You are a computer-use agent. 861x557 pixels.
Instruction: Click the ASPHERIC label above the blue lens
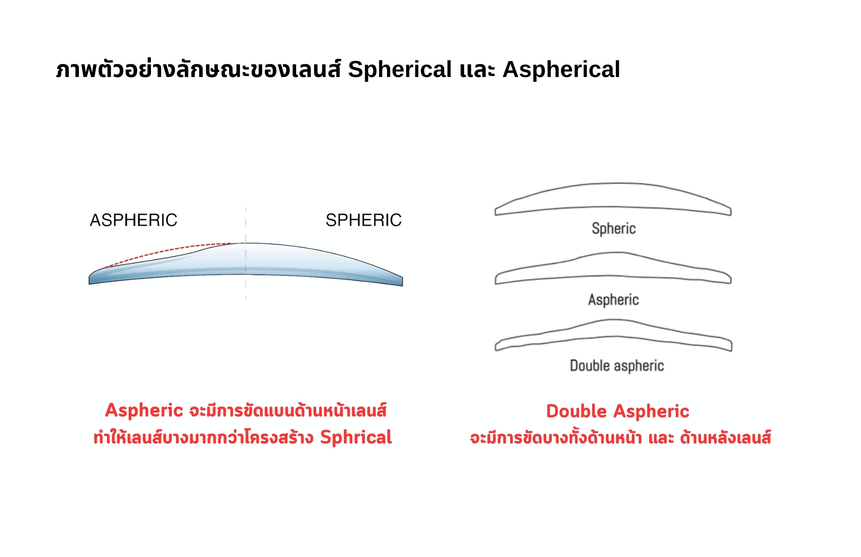click(133, 220)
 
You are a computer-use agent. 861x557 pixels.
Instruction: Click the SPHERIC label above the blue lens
click(364, 220)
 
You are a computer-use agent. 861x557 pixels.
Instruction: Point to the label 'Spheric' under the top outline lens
click(614, 228)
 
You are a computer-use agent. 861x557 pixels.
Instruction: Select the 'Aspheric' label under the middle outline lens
click(614, 300)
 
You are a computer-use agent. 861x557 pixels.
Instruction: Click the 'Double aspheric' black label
click(617, 366)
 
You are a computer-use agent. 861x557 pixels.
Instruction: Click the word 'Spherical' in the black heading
click(400, 70)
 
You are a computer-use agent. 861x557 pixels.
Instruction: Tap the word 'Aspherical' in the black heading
click(561, 70)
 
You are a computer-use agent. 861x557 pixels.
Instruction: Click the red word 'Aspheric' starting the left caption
click(144, 411)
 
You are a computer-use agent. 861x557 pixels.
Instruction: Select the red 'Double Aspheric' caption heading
click(617, 411)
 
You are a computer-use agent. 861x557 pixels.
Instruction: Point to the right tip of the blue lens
click(403, 282)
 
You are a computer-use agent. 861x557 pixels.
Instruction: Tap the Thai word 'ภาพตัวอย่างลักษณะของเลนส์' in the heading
click(198, 70)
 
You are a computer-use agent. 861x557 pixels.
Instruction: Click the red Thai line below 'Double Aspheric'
click(621, 438)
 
